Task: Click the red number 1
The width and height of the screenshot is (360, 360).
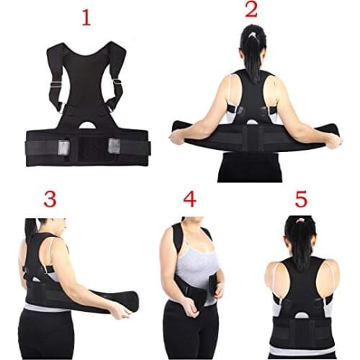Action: click(86, 17)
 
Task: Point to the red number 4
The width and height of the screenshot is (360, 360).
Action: click(189, 198)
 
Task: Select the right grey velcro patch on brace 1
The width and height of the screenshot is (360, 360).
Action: click(114, 145)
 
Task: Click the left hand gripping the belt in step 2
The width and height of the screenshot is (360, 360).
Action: click(177, 137)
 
